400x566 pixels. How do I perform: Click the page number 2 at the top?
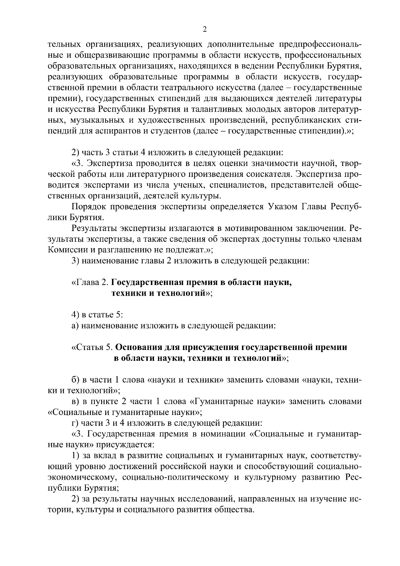pos(205,30)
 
